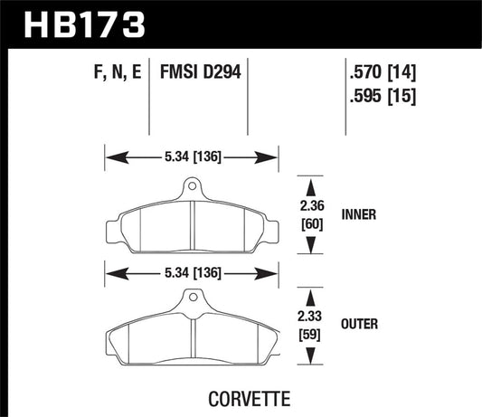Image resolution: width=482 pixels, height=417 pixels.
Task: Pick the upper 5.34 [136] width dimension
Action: [191, 156]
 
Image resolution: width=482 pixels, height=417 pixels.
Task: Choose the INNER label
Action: [358, 215]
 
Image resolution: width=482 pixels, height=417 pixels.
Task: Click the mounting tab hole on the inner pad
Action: [191, 189]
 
